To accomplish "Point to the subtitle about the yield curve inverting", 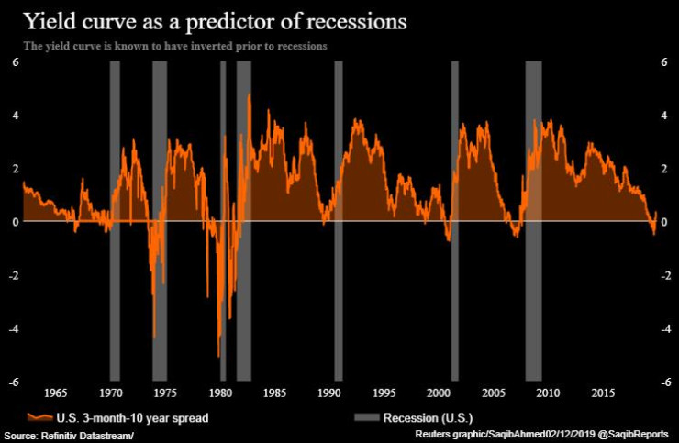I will click(x=173, y=45).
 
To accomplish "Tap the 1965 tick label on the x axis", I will click(x=56, y=393).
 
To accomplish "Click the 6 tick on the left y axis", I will click(x=13, y=61).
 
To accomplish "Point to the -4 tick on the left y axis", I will click(x=11, y=328).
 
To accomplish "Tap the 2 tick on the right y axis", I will click(x=664, y=169).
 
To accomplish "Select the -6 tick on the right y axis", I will click(x=662, y=382).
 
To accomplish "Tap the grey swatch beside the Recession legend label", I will click(x=366, y=417).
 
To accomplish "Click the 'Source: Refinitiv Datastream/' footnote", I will click(x=69, y=434).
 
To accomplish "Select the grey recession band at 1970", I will click(x=115, y=220).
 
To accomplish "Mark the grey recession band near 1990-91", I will click(x=339, y=220).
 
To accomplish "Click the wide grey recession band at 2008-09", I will click(x=533, y=220).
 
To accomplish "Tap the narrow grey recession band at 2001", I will click(x=454, y=220).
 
